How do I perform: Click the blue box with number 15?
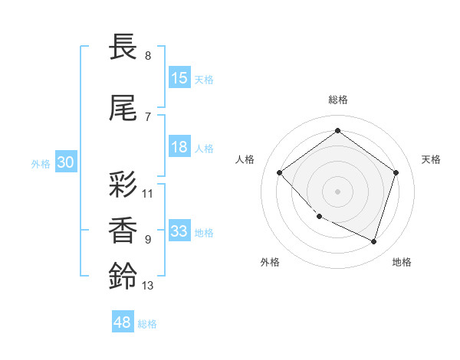pos(179,78)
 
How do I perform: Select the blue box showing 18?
pos(179,148)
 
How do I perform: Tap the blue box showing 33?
pos(179,231)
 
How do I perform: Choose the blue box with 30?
pos(66,162)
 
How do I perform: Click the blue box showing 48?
pos(123,322)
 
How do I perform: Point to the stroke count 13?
pos(148,286)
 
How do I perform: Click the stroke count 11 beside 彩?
pos(148,194)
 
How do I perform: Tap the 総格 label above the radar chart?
pos(337,100)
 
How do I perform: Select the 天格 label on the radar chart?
pos(431,159)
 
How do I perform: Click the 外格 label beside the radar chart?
pos(270,262)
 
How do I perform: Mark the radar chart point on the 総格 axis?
pos(337,130)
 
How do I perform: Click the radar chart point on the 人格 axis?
pos(280,173)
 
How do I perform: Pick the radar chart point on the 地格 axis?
pos(373,241)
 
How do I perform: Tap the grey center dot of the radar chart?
pos(337,191)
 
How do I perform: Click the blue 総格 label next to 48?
pos(147,324)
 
